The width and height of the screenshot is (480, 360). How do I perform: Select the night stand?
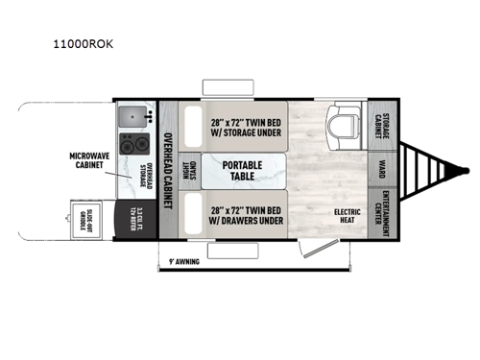coord(190,172)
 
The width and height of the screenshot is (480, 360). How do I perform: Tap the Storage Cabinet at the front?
coord(379,124)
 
